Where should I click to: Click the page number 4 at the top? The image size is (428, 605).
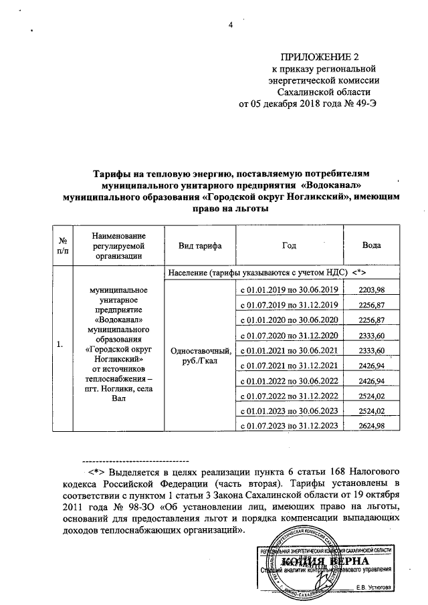[x=230, y=25]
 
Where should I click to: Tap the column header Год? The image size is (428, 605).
[x=289, y=245]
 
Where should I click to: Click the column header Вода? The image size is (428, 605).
[x=372, y=245]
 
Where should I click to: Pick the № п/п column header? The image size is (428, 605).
[x=62, y=245]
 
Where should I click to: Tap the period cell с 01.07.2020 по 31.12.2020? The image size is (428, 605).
[x=289, y=335]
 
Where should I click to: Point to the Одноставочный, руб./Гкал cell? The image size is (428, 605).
[x=201, y=356]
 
